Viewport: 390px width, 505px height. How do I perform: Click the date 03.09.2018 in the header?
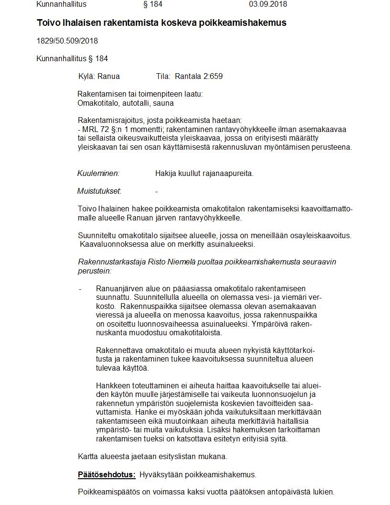pos(268,4)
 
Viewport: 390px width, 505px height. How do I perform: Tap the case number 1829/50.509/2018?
pos(67,41)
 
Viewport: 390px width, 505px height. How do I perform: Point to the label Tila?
pos(163,76)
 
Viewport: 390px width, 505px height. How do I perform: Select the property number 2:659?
pos(212,76)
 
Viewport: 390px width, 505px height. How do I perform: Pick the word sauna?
pos(164,103)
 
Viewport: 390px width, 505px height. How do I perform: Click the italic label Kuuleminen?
pos(98,173)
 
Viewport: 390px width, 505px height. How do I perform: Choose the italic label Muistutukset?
pos(99,191)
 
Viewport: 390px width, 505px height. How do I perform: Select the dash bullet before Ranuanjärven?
pos(80,289)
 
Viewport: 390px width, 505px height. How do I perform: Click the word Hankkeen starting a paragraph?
pos(112,385)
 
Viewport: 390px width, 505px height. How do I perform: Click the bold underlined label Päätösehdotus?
pos(107,474)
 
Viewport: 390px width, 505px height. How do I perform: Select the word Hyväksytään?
pos(161,474)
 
